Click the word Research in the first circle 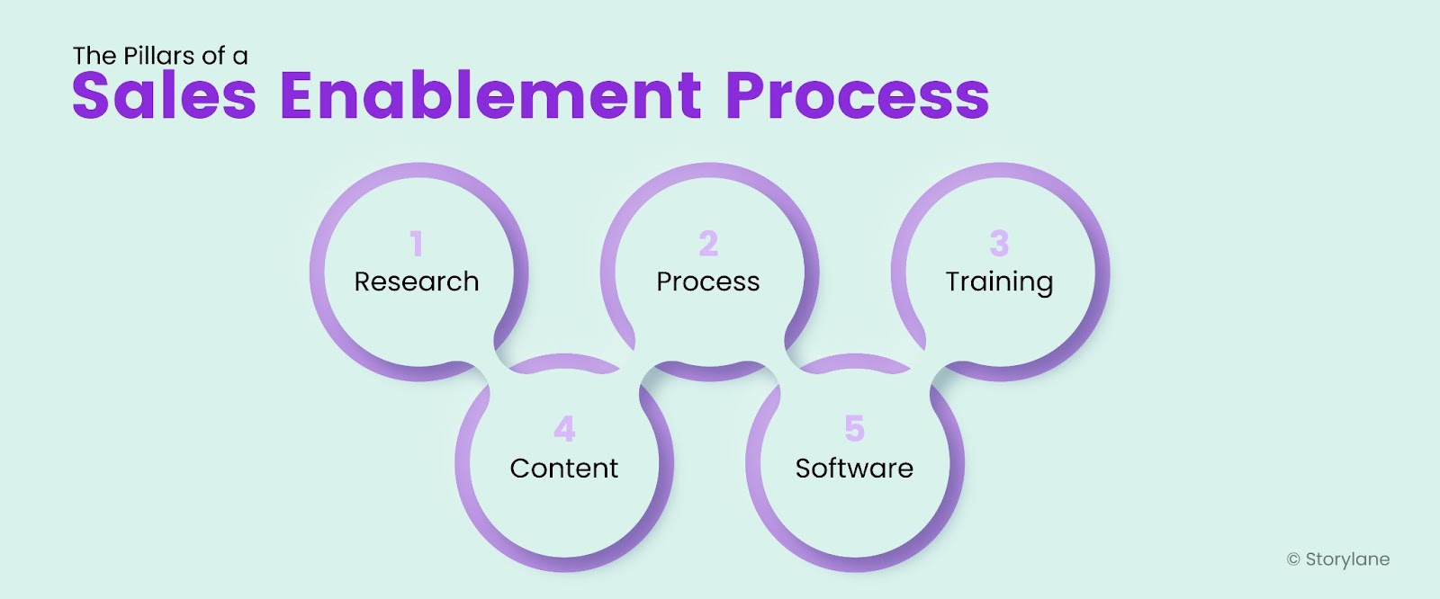(x=416, y=282)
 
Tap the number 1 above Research (x=416, y=244)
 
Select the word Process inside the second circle (x=707, y=282)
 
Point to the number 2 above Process (x=708, y=244)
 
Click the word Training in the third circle (x=999, y=282)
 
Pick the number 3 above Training (x=999, y=244)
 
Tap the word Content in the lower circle (x=563, y=469)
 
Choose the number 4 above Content (x=564, y=429)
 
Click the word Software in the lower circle (x=854, y=469)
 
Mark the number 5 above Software (x=855, y=429)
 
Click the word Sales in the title (x=164, y=95)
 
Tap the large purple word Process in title (x=857, y=95)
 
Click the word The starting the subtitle (x=94, y=56)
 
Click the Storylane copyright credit (x=1346, y=559)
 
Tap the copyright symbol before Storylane (x=1293, y=559)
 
